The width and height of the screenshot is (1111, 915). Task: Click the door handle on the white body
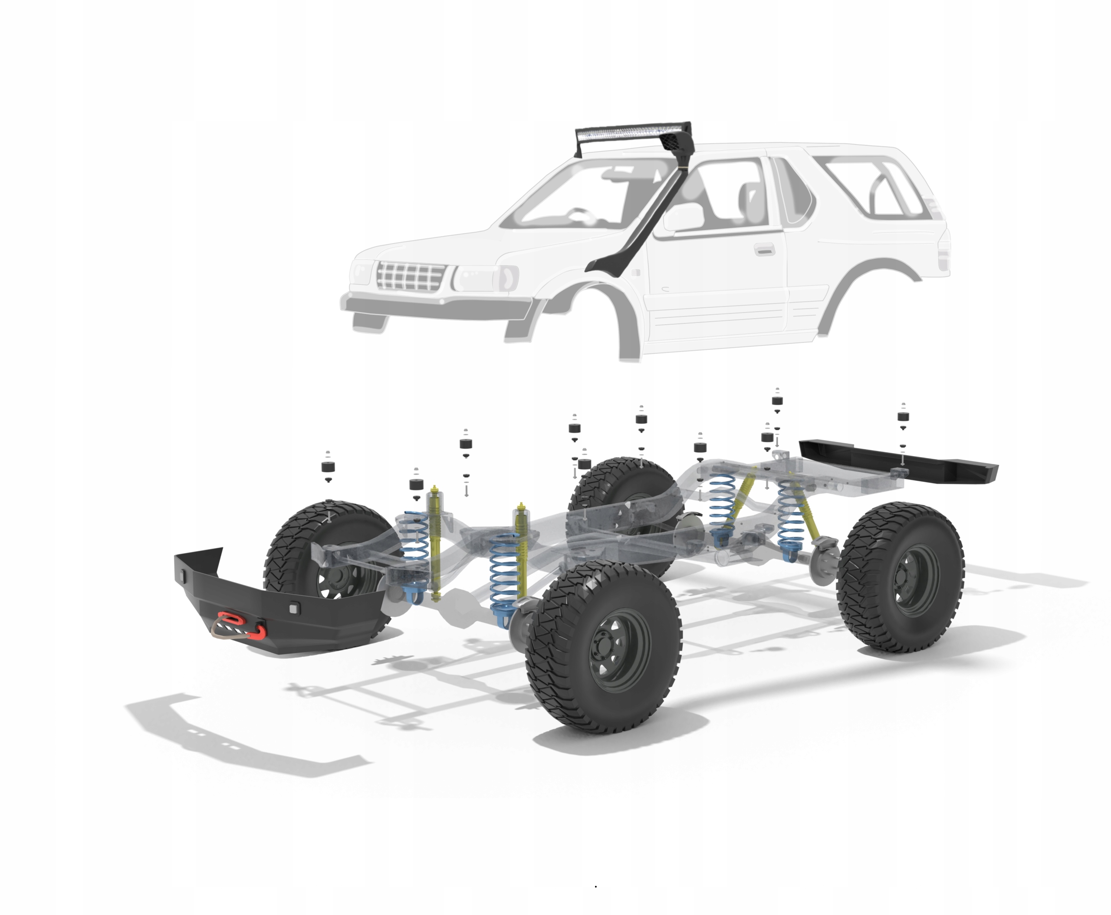point(764,249)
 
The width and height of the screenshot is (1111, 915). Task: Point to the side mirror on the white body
point(684,218)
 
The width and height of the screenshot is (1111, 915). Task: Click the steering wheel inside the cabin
point(580,214)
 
